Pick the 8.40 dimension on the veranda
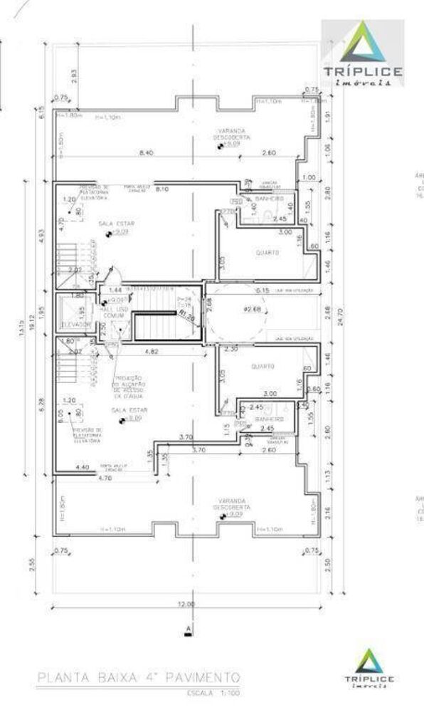coord(147,152)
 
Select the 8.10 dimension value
coord(161,189)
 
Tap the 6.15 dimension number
coord(263,290)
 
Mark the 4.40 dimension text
coord(82,467)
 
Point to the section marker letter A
coord(189,629)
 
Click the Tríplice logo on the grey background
coord(363,53)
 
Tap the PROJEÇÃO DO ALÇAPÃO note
coord(127,385)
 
